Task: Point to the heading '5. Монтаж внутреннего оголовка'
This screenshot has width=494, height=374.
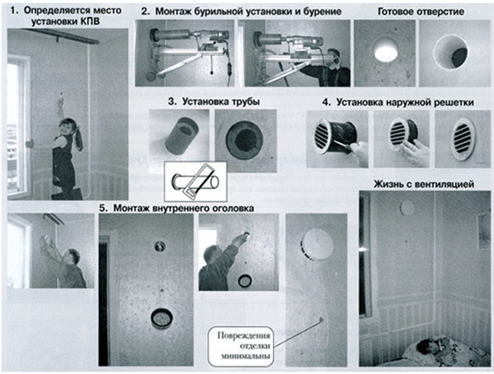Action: [x=177, y=206]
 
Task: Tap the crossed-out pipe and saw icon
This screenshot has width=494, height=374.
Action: [x=191, y=183]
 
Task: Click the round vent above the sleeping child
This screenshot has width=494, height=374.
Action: [x=408, y=208]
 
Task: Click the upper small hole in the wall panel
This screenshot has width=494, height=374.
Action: [x=161, y=247]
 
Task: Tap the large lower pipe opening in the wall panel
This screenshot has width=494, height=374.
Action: [x=162, y=316]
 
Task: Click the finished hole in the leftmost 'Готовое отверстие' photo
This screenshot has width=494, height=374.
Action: [x=386, y=52]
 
